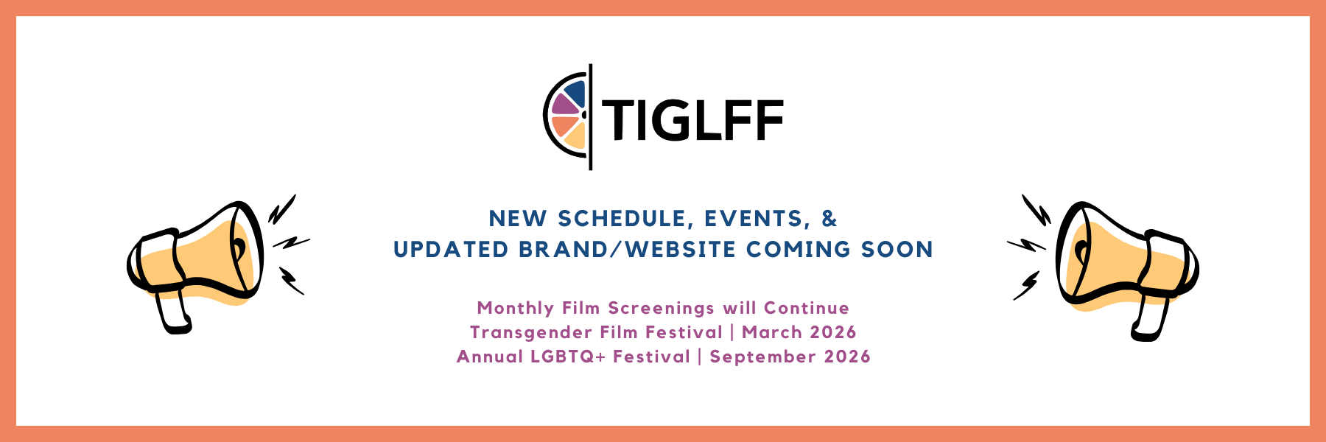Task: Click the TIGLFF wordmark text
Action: [693, 120]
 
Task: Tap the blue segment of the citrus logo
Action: [575, 94]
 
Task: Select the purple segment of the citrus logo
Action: [564, 105]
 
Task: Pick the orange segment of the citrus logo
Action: [565, 125]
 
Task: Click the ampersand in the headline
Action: [829, 218]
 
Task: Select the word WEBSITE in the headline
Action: [681, 250]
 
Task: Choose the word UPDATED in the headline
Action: [451, 250]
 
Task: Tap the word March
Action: [771, 332]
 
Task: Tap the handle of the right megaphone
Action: [1150, 318]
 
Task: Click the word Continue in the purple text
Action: [807, 308]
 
